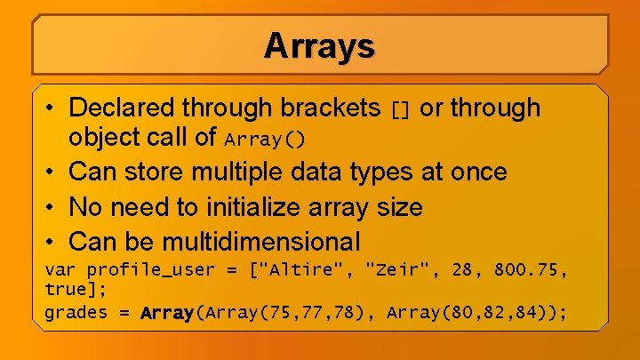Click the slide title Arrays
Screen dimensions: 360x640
[x=319, y=45]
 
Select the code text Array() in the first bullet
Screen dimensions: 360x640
[x=265, y=140]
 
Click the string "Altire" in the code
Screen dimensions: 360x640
[x=296, y=270]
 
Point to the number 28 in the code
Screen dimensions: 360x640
[x=462, y=270]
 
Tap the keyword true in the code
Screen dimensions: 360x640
[x=65, y=290]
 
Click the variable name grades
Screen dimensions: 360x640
[x=76, y=312]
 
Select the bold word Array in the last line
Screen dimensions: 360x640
[x=168, y=312]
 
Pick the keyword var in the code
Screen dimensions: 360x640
[x=60, y=270]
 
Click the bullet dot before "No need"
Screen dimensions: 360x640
[x=52, y=207]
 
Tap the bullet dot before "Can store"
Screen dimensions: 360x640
[x=52, y=172]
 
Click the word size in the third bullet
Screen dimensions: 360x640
[x=397, y=207]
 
